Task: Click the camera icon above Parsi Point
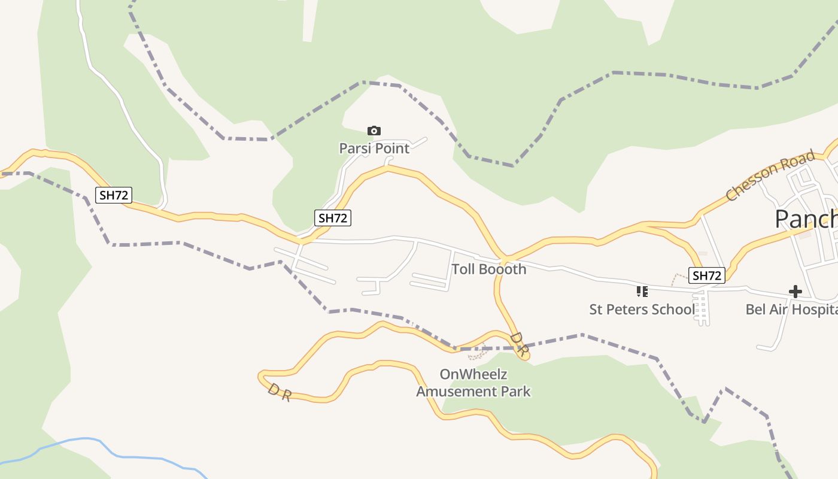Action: (374, 131)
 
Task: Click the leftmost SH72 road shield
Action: (114, 195)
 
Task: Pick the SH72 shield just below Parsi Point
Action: (333, 218)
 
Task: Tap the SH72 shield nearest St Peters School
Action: (707, 275)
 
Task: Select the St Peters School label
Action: (642, 310)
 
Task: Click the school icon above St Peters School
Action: (642, 292)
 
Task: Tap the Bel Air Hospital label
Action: (790, 310)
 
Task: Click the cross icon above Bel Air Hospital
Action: (795, 292)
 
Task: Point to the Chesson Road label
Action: (770, 175)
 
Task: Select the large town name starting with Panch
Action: (806, 219)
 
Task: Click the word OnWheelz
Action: (473, 374)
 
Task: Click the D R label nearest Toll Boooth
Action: (519, 345)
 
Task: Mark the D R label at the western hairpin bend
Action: (279, 393)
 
